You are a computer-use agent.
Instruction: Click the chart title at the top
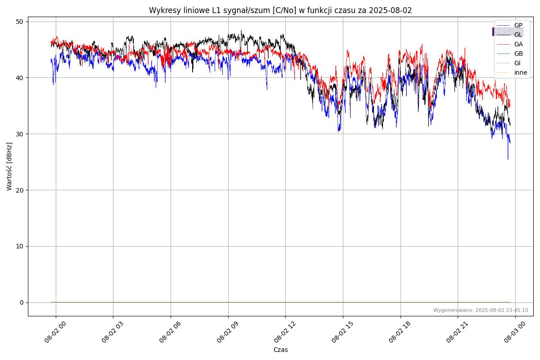point(280,10)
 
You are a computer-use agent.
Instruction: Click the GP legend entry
point(518,25)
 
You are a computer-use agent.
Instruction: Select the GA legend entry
point(518,44)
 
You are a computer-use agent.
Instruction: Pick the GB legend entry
point(518,54)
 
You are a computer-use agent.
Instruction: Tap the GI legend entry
point(517,63)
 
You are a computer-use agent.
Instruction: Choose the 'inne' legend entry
point(521,72)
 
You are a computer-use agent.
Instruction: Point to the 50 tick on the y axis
point(20,22)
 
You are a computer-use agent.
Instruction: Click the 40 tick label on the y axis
point(20,78)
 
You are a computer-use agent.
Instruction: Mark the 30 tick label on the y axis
point(20,134)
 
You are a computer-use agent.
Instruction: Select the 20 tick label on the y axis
point(20,190)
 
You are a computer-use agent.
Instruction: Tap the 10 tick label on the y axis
point(20,246)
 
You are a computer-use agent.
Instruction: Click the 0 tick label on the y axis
point(22,302)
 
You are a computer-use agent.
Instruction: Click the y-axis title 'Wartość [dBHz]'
point(9,166)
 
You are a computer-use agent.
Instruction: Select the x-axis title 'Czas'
point(280,350)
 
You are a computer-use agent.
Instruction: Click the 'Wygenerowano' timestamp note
point(481,310)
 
